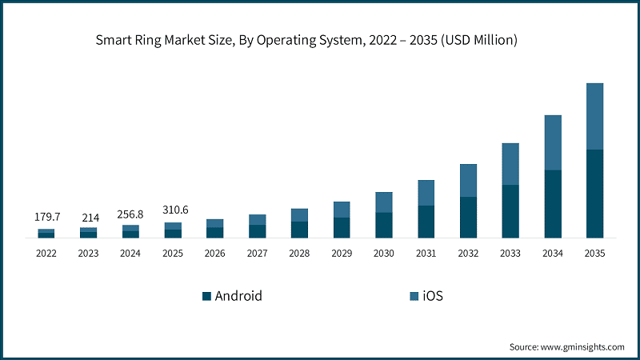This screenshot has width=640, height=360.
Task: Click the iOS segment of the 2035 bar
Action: coord(594,116)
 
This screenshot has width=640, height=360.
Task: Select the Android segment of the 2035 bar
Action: coord(594,194)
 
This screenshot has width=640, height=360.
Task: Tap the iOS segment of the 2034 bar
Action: coord(553,142)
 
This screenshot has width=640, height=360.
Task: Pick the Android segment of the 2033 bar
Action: coord(510,211)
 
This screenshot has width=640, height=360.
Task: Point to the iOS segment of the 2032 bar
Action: coord(468,180)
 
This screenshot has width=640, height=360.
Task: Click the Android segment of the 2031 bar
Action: coord(426,222)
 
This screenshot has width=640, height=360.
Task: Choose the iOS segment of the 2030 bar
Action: coord(384,202)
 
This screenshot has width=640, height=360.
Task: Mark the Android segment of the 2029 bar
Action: coord(342,227)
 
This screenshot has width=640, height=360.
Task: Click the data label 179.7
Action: coord(46,217)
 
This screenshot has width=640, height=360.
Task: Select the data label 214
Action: coord(88,217)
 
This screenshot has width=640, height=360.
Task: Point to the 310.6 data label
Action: coord(173,211)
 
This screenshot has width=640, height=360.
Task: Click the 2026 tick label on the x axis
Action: coord(214,254)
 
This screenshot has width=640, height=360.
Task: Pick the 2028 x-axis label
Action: coord(299,254)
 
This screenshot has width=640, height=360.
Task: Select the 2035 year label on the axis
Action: coord(594,254)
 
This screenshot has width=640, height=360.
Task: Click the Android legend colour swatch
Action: coord(207,296)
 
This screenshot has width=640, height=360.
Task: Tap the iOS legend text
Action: coord(433,296)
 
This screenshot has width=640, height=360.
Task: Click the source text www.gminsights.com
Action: coord(582,346)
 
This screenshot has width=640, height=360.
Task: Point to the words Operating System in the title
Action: coord(314,40)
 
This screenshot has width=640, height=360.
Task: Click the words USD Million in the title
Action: coord(479,40)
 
